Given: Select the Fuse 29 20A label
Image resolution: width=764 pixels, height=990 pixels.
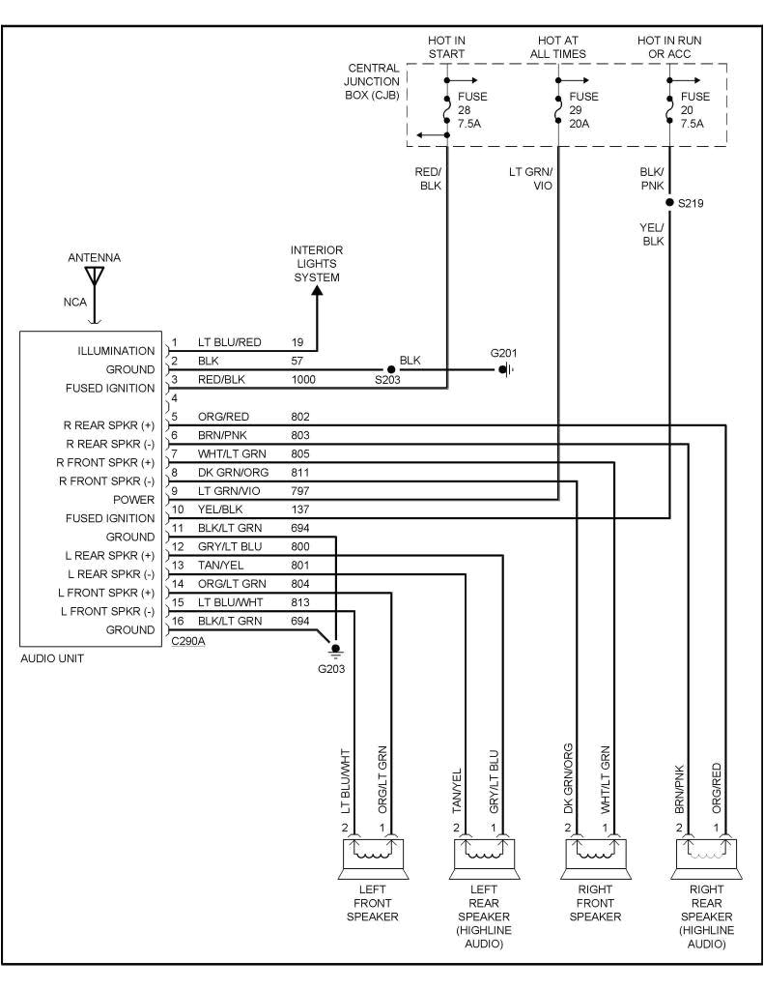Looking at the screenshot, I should point(583,110).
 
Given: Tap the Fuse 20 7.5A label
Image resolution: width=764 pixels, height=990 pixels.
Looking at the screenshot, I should point(694,110).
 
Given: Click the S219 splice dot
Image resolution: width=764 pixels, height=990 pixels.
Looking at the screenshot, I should point(669,202).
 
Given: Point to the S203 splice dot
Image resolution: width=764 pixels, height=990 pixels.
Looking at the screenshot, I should point(391,369).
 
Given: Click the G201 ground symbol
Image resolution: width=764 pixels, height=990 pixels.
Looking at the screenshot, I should point(505,369).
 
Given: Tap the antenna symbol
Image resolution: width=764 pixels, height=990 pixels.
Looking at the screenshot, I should point(94,278).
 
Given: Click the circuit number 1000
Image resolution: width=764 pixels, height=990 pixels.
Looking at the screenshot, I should point(304,380).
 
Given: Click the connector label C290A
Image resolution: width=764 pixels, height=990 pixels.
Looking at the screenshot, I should point(186,639).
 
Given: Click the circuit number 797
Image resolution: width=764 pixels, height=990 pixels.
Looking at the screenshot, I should point(300,491).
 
